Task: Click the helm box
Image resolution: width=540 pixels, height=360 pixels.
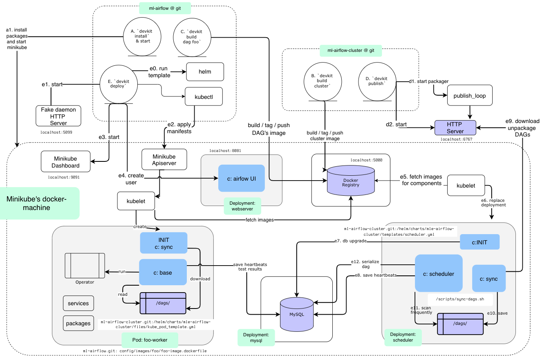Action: [x=205, y=72]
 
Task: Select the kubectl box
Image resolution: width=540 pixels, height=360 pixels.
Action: [x=204, y=97]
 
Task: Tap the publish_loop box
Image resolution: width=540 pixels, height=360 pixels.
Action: [x=469, y=96]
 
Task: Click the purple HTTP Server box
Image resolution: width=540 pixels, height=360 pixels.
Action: [x=455, y=127]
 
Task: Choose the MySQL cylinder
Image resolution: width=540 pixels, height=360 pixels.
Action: [x=296, y=314]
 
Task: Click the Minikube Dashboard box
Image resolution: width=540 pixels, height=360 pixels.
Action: [x=66, y=162]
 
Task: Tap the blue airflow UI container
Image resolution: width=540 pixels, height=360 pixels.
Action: [x=242, y=178]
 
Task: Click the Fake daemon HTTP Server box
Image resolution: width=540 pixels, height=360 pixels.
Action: [x=58, y=116]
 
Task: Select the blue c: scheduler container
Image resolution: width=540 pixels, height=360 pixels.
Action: [x=439, y=273]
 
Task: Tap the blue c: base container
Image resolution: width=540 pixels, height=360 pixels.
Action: [x=163, y=272]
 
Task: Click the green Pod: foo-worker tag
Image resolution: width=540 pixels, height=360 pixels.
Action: [x=150, y=340]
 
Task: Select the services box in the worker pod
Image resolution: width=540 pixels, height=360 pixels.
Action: [x=78, y=303]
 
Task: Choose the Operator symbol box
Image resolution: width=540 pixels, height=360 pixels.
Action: [x=85, y=266]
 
